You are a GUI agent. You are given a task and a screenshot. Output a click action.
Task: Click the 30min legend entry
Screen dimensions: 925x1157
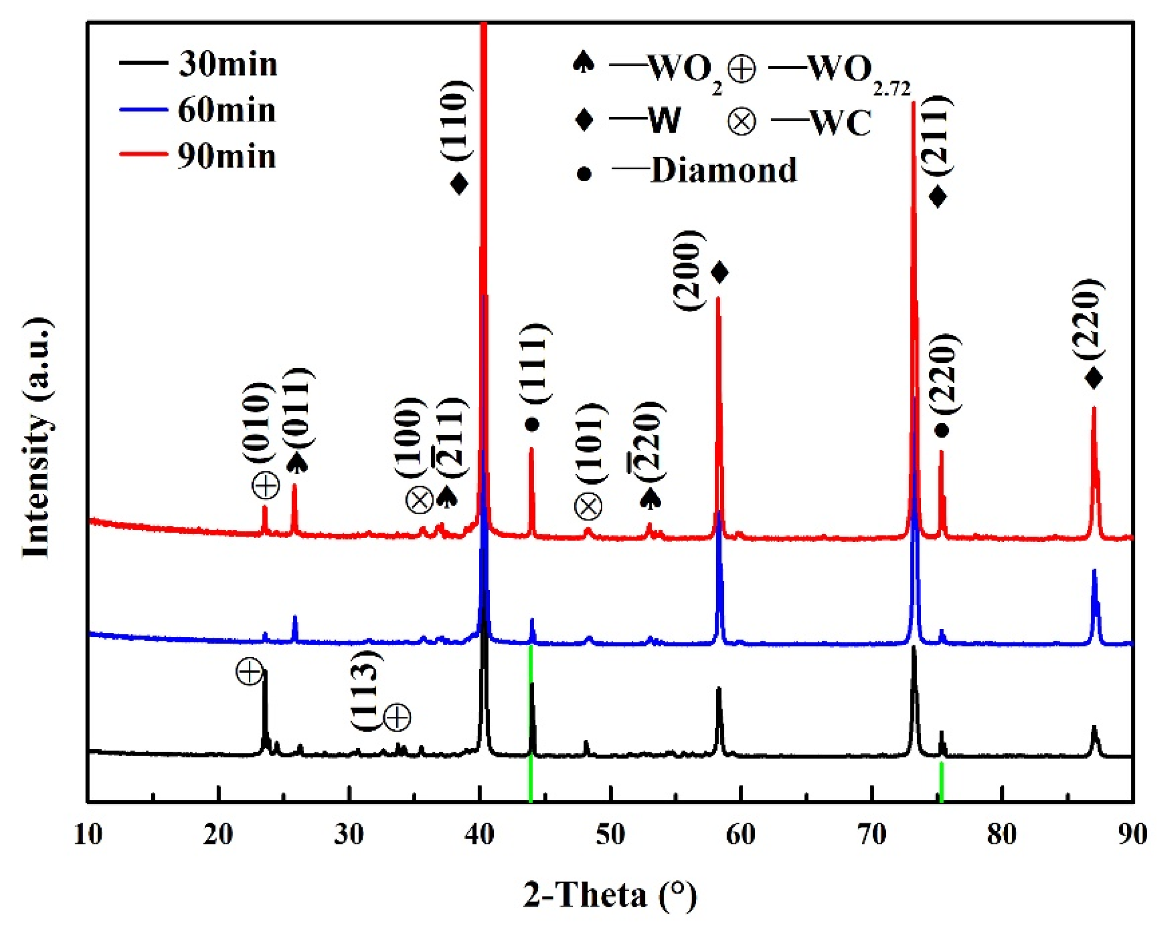pyautogui.click(x=228, y=64)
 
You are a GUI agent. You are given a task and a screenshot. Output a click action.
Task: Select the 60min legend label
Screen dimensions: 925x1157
pyautogui.click(x=226, y=110)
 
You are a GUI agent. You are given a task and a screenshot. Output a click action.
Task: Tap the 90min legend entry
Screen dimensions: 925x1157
pyautogui.click(x=226, y=156)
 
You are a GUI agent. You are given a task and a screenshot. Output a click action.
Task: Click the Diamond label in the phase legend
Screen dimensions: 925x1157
pyautogui.click(x=724, y=171)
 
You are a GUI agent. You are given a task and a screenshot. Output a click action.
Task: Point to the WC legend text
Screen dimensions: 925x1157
pyautogui.click(x=840, y=123)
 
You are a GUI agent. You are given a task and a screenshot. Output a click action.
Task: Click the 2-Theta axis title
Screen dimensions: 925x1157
pyautogui.click(x=610, y=895)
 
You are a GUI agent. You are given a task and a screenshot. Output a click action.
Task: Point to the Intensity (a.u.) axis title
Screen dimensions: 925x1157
pyautogui.click(x=38, y=437)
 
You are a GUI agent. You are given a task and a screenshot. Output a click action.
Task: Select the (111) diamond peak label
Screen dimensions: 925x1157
pyautogui.click(x=535, y=363)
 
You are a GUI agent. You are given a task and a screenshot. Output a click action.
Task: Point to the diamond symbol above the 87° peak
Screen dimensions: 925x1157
pyautogui.click(x=1094, y=379)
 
